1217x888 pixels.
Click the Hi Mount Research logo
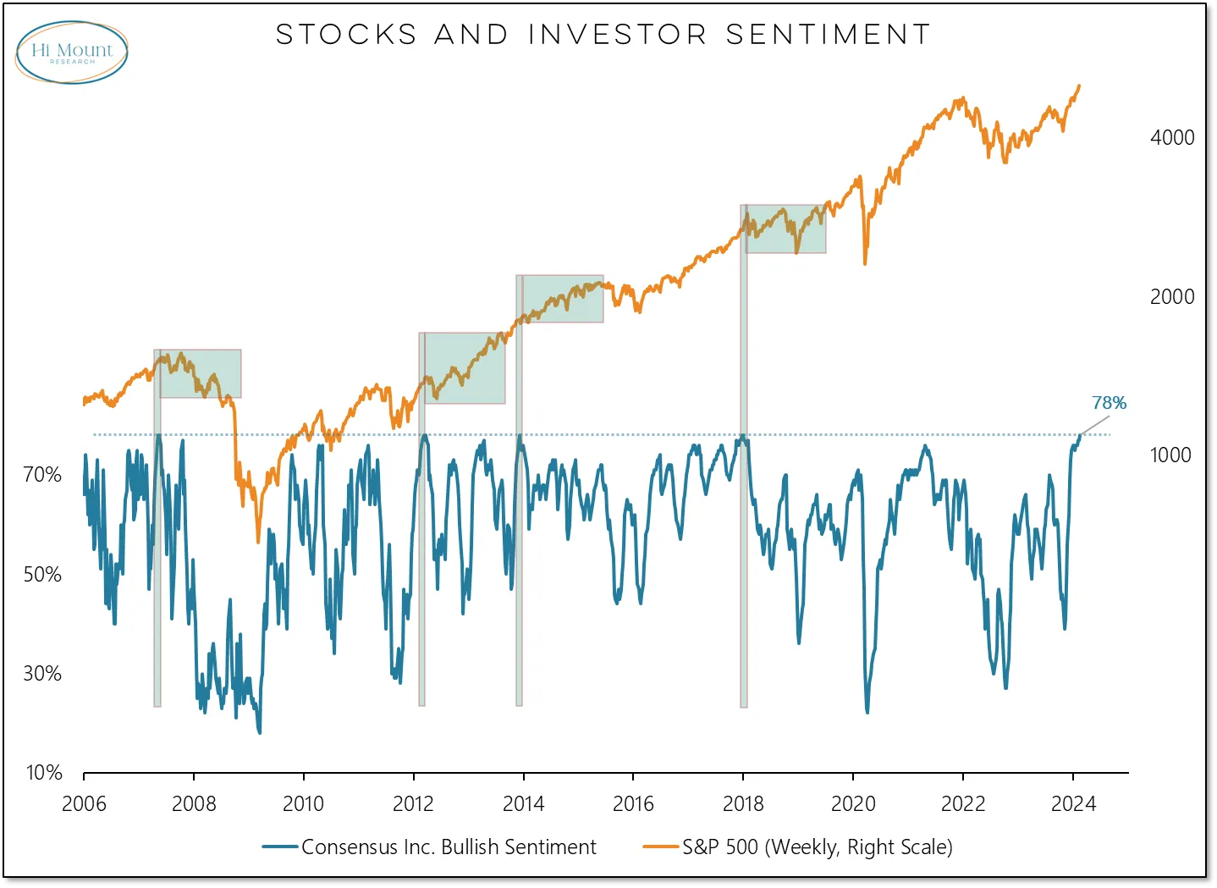72,52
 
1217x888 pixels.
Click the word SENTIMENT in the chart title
828,35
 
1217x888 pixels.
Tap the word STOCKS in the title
346,35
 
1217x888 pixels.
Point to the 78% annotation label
1109,403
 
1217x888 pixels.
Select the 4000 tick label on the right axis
1172,137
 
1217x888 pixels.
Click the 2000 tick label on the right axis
1172,296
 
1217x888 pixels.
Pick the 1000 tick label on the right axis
1170,455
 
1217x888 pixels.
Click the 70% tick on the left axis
42,474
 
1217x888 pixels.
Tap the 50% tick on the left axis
42,574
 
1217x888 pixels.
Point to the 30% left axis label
42,673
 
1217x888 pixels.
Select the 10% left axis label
44,772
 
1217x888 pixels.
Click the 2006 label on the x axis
84,803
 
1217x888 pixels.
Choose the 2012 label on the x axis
413,803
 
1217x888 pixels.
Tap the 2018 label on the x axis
743,803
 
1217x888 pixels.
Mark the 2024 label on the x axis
1073,803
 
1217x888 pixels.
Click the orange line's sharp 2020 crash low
865,263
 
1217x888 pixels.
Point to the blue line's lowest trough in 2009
259,732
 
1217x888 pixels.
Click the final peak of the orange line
1079,85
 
